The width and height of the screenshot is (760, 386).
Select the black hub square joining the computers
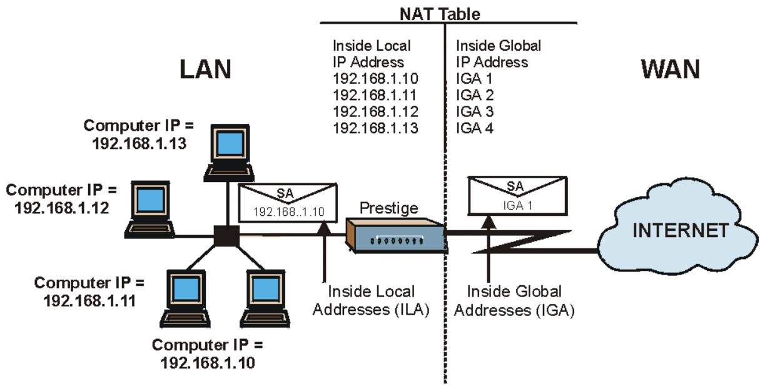(x=225, y=237)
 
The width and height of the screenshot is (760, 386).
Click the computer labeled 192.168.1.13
(x=231, y=151)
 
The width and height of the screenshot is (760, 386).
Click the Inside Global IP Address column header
(x=498, y=54)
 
